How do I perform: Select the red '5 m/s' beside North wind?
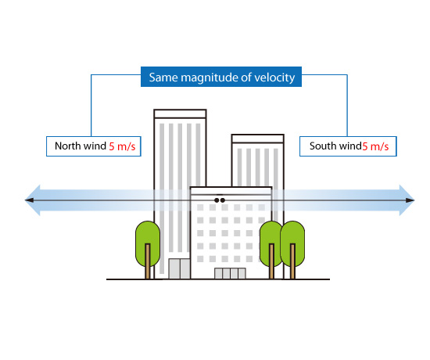tap(122, 146)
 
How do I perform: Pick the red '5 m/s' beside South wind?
tap(375, 146)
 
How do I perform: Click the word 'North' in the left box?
tap(68, 146)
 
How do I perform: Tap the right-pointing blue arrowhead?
tap(407, 200)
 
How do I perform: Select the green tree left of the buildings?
tap(148, 243)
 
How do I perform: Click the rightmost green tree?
tap(292, 243)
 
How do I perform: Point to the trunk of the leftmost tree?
tap(148, 261)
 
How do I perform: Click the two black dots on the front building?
tap(220, 200)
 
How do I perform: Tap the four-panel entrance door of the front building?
tap(230, 273)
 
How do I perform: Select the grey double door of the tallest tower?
tap(179, 268)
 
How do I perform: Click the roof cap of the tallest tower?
tap(180, 113)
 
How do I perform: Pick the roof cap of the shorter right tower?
tap(257, 139)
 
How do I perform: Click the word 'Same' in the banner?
tap(163, 77)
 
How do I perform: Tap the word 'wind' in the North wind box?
tap(95, 146)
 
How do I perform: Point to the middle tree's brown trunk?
tap(271, 261)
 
